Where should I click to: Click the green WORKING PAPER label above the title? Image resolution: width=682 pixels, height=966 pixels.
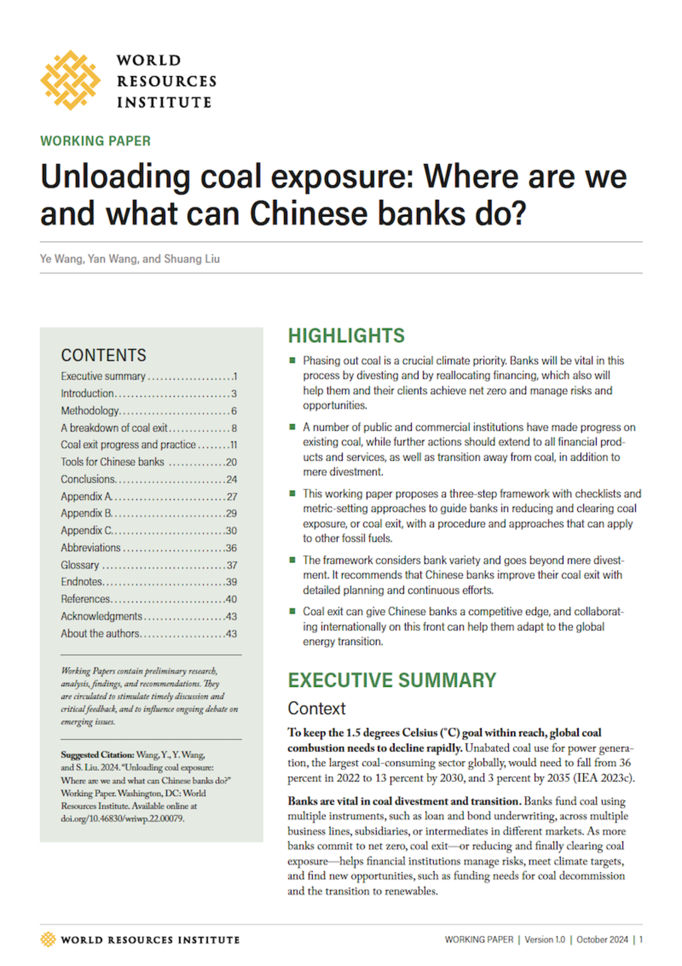[95, 141]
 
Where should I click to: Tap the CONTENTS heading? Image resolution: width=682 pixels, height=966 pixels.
[104, 356]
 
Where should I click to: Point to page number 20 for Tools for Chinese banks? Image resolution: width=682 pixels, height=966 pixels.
[231, 462]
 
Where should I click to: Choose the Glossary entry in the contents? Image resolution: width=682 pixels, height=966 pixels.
[80, 565]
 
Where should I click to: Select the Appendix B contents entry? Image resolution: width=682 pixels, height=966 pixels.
[87, 513]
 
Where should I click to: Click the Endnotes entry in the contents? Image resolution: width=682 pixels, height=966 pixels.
[81, 582]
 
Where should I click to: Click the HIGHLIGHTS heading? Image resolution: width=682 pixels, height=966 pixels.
[346, 336]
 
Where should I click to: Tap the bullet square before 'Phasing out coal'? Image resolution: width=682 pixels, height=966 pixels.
[292, 360]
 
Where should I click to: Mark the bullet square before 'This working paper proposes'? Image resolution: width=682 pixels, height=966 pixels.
[292, 494]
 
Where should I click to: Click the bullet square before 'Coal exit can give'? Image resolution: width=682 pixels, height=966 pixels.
[292, 611]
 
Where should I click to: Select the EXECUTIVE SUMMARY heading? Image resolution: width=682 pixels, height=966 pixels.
[392, 680]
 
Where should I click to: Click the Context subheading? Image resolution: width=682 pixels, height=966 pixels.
[316, 709]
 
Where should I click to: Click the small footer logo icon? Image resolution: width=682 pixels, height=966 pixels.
[48, 939]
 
